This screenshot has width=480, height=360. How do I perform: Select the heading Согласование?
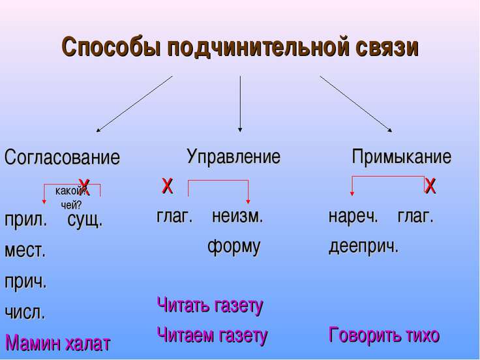click(x=63, y=158)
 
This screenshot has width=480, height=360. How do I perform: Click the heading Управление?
click(x=233, y=157)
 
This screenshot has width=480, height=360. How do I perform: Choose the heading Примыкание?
click(x=401, y=157)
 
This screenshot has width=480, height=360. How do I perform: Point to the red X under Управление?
click(x=167, y=187)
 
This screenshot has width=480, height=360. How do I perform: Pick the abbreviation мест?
click(x=25, y=250)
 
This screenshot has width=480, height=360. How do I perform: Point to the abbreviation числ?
click(x=25, y=312)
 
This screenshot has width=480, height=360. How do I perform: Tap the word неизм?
click(x=237, y=217)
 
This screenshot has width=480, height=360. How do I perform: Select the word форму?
click(x=233, y=247)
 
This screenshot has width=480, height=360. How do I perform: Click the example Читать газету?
click(x=210, y=305)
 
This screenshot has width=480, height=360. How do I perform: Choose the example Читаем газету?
click(x=213, y=335)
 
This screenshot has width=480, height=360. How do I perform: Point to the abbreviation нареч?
click(x=353, y=217)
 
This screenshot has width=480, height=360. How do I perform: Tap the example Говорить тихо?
click(x=384, y=335)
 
